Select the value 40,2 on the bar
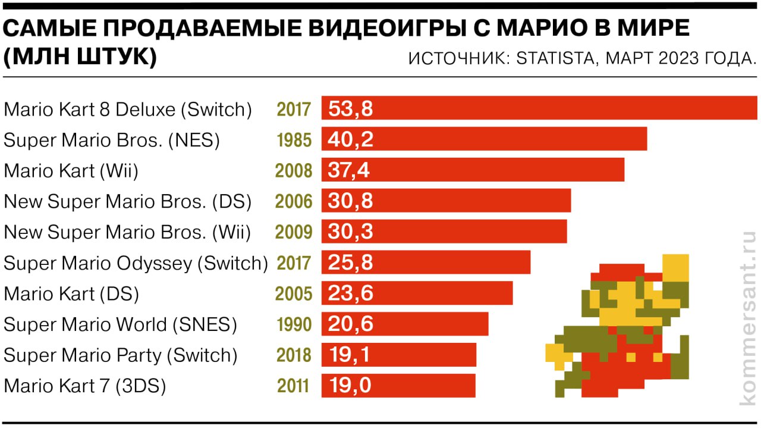tap(351, 139)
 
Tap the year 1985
tap(294, 140)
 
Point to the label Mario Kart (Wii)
tap(71, 171)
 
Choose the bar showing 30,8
tap(446, 201)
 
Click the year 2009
tap(294, 232)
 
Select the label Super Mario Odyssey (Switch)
tap(136, 263)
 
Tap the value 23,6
tap(351, 293)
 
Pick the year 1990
tap(294, 324)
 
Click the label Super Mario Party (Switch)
tap(120, 355)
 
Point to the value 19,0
tap(350, 386)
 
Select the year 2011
tap(294, 386)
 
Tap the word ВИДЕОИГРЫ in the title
tap(354, 29)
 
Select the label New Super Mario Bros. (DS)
tap(127, 201)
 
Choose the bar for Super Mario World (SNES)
tap(404, 324)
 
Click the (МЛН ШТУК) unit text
tap(80, 58)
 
